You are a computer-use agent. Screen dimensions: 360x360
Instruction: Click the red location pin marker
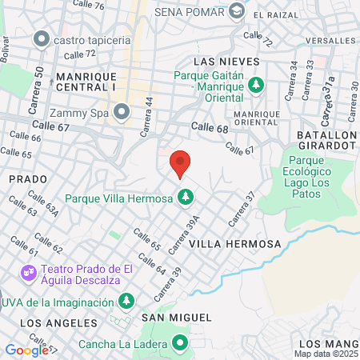coord(181,162)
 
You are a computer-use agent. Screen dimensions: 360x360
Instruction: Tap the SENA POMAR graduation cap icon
coord(236,11)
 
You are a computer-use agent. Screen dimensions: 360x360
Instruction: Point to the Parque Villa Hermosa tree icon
coord(186,196)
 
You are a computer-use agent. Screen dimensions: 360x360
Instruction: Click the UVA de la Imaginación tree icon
coord(126,301)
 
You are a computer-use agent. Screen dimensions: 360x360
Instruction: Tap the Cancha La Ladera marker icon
coord(180,346)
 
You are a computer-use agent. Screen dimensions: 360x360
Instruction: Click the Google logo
coord(26,350)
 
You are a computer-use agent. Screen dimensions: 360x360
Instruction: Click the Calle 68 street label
coord(210,127)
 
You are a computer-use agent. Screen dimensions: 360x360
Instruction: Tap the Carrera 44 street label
coord(149,111)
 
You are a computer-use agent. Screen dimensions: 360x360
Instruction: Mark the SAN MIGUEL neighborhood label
coord(176,317)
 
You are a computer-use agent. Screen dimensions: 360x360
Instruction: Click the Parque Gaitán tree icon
coord(256,82)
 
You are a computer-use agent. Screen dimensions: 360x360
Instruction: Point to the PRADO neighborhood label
coord(22,179)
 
